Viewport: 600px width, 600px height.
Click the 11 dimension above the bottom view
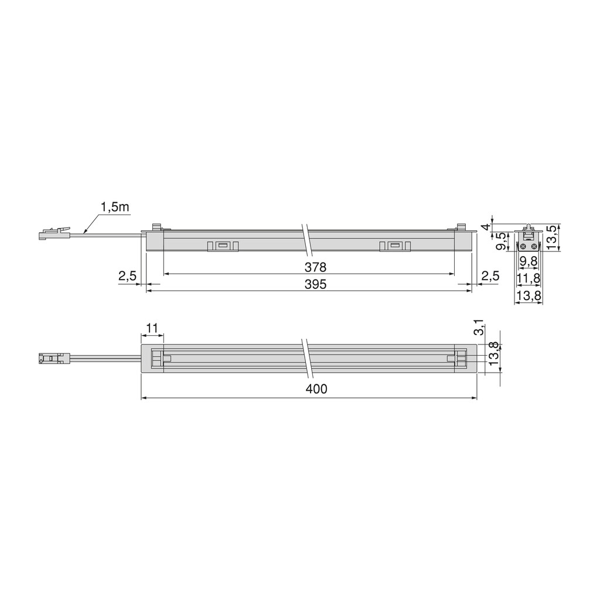152,328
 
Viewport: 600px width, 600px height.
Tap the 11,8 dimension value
529,277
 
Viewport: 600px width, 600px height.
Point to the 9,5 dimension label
502,241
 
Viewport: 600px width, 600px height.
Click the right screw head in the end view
533,246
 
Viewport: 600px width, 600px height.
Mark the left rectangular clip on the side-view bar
223,246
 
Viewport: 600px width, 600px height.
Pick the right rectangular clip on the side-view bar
394,246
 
